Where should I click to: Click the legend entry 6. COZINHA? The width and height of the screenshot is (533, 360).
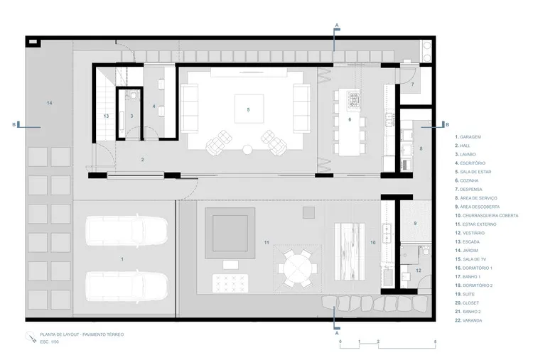click(x=470, y=180)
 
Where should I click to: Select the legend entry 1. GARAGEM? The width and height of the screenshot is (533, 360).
click(x=470, y=136)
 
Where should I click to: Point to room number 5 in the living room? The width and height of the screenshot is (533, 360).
click(x=248, y=110)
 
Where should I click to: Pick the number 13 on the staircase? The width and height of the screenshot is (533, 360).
click(x=105, y=115)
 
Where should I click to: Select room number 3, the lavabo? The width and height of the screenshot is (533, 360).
click(x=131, y=115)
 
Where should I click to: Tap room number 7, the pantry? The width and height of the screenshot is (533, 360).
click(x=412, y=84)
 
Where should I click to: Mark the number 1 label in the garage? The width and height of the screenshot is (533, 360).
click(x=122, y=260)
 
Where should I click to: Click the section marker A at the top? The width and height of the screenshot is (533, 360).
click(x=336, y=26)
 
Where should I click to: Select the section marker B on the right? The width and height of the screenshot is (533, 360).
click(x=446, y=124)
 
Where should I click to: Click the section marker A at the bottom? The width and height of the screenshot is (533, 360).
click(x=336, y=331)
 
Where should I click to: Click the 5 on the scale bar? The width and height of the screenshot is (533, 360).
click(x=435, y=342)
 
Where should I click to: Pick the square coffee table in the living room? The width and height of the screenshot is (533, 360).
click(x=248, y=110)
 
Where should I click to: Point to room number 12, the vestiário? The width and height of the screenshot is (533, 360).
click(x=419, y=271)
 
